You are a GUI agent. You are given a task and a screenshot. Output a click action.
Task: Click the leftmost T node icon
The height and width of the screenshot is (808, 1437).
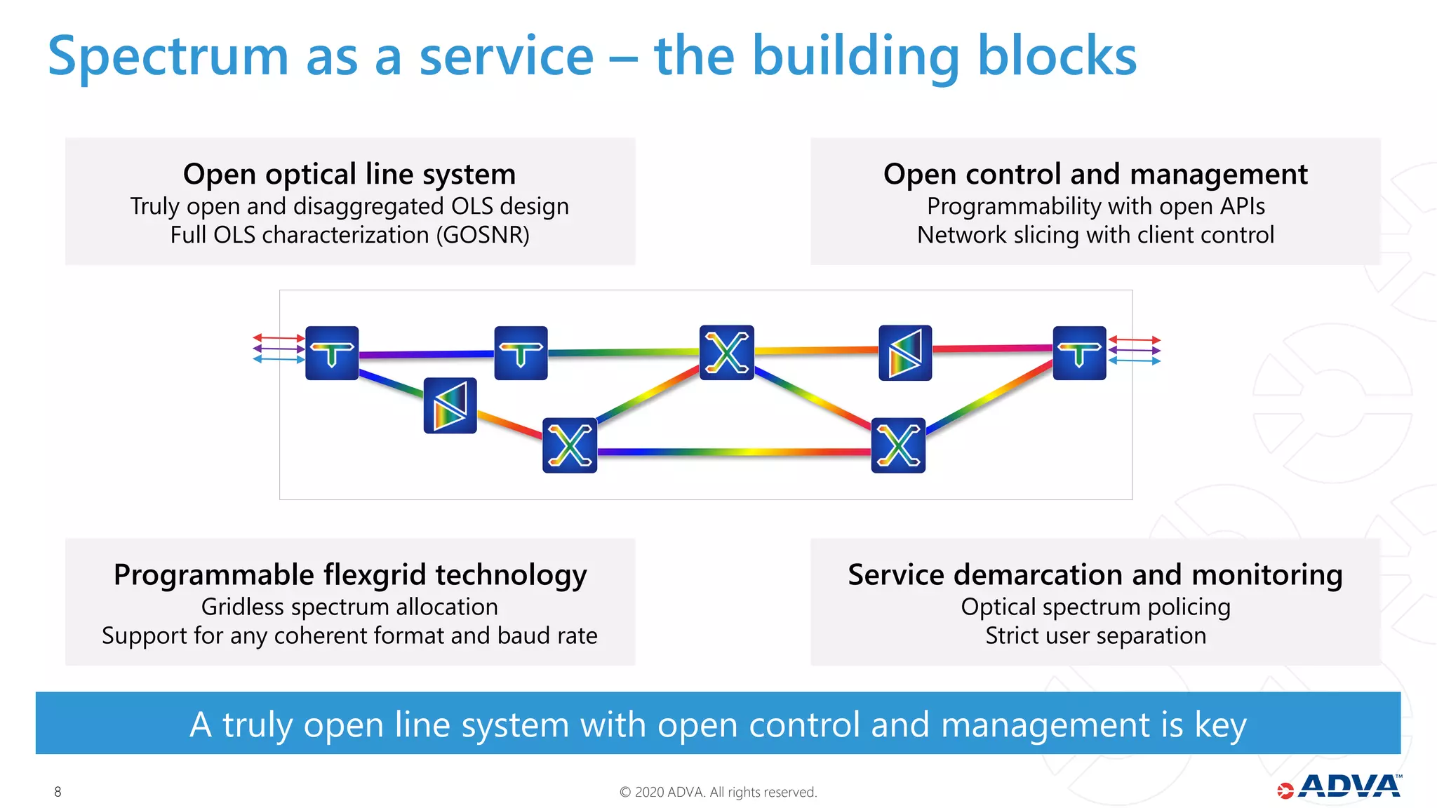pyautogui.click(x=332, y=353)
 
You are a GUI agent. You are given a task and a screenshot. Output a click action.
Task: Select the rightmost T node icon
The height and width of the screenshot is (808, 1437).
pyautogui.click(x=1079, y=353)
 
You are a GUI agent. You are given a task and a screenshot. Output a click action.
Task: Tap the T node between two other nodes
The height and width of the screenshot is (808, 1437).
pyautogui.click(x=521, y=353)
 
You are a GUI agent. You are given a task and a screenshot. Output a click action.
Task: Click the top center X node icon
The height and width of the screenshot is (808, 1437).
pyautogui.click(x=727, y=352)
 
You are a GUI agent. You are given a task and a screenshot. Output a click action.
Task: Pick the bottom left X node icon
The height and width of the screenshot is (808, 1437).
pyautogui.click(x=570, y=445)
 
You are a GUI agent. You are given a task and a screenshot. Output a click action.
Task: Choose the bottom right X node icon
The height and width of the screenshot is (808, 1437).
pyautogui.click(x=898, y=445)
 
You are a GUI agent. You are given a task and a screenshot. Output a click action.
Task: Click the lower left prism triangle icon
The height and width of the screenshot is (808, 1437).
pyautogui.click(x=450, y=405)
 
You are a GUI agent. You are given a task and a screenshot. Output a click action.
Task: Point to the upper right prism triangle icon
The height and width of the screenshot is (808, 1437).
pyautogui.click(x=905, y=353)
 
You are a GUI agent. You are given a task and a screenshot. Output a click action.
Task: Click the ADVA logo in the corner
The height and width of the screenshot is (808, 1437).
pyautogui.click(x=1340, y=787)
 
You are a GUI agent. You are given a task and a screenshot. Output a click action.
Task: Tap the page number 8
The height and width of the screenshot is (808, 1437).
pyautogui.click(x=58, y=792)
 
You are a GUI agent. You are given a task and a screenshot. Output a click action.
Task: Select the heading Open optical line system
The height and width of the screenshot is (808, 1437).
pyautogui.click(x=349, y=174)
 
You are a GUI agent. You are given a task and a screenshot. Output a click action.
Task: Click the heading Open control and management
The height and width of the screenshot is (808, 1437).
pyautogui.click(x=1095, y=174)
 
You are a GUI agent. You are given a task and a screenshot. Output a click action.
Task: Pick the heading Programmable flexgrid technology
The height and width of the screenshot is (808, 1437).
pyautogui.click(x=349, y=574)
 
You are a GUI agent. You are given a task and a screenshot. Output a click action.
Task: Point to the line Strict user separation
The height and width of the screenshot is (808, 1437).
pyautogui.click(x=1095, y=635)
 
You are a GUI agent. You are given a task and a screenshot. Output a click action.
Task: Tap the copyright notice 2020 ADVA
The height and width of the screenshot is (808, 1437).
pyautogui.click(x=718, y=792)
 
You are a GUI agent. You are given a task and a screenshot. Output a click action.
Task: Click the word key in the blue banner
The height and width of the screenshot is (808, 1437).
pyautogui.click(x=1220, y=725)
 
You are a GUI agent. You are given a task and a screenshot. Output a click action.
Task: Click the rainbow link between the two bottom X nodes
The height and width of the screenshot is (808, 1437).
pyautogui.click(x=733, y=452)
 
